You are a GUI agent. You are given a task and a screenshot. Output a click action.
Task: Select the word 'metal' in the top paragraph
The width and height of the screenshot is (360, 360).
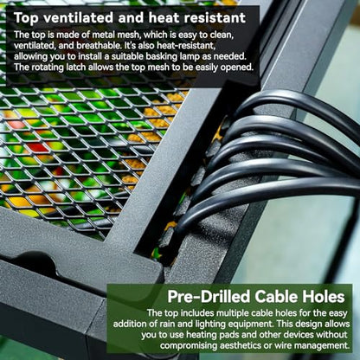[x=103, y=35]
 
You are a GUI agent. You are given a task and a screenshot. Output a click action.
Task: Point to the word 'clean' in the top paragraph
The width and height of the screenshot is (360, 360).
[x=221, y=35]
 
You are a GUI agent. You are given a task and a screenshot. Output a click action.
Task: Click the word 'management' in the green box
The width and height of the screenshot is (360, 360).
[x=322, y=345]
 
